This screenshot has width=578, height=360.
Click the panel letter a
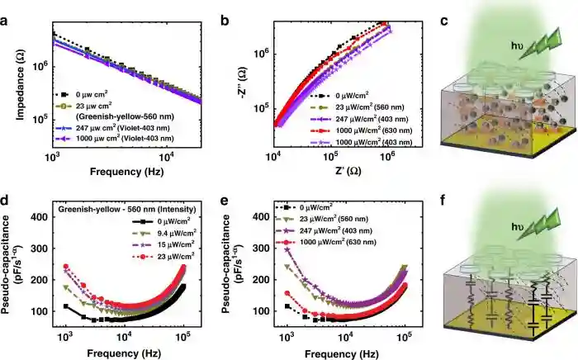[7, 11]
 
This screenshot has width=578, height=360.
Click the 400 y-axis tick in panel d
[43, 217]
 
